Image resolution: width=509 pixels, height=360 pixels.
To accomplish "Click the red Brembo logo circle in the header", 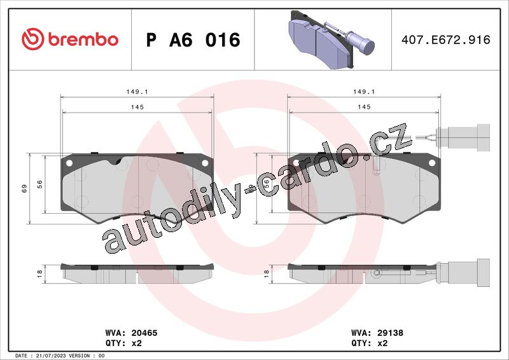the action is tap(33, 39).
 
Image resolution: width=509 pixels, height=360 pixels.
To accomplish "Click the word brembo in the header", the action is tap(83, 39).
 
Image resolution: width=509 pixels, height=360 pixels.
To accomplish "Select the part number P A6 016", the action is tap(193, 40).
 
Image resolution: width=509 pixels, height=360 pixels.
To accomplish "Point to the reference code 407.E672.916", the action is tap(446, 40).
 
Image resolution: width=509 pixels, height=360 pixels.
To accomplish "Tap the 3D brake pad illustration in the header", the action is tap(331, 39).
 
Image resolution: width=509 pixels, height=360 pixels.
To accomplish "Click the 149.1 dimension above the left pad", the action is tap(137, 92).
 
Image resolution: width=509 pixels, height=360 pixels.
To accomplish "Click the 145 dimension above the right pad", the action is tap(364, 107).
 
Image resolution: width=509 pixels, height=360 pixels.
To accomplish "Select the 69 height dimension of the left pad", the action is tap(24, 189).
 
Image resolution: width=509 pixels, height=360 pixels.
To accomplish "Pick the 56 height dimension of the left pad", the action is tap(39, 184).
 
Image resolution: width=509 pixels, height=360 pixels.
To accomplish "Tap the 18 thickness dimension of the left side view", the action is tap(39, 273).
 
